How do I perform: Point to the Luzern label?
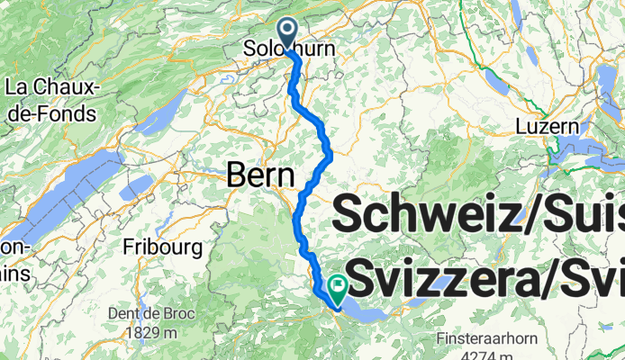tap(546, 127)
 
